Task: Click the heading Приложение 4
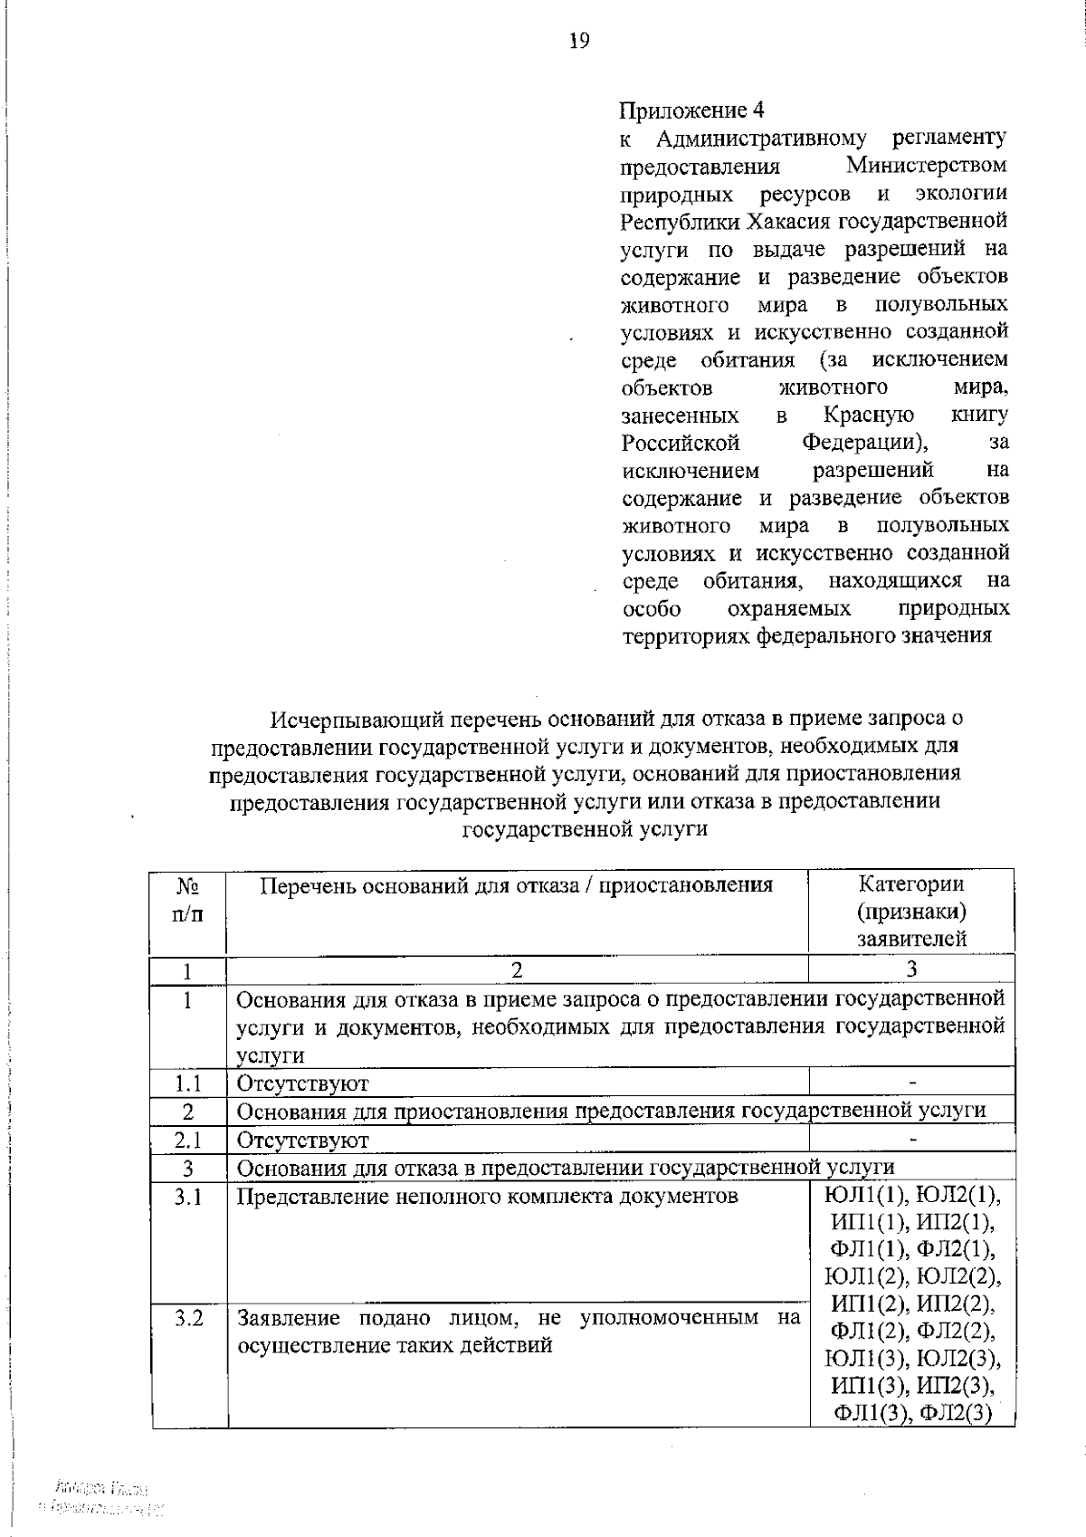691,110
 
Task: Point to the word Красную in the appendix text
869,415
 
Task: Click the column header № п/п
187,899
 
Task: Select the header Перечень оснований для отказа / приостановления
517,885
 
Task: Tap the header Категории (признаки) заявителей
911,911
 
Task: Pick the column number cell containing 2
517,969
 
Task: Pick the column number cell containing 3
911,969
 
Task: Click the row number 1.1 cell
187,1083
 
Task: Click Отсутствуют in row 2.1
302,1140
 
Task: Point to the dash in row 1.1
913,1083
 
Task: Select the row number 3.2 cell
187,1318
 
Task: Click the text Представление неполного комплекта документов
487,1197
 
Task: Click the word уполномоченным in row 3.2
668,1318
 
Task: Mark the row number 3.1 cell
187,1197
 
